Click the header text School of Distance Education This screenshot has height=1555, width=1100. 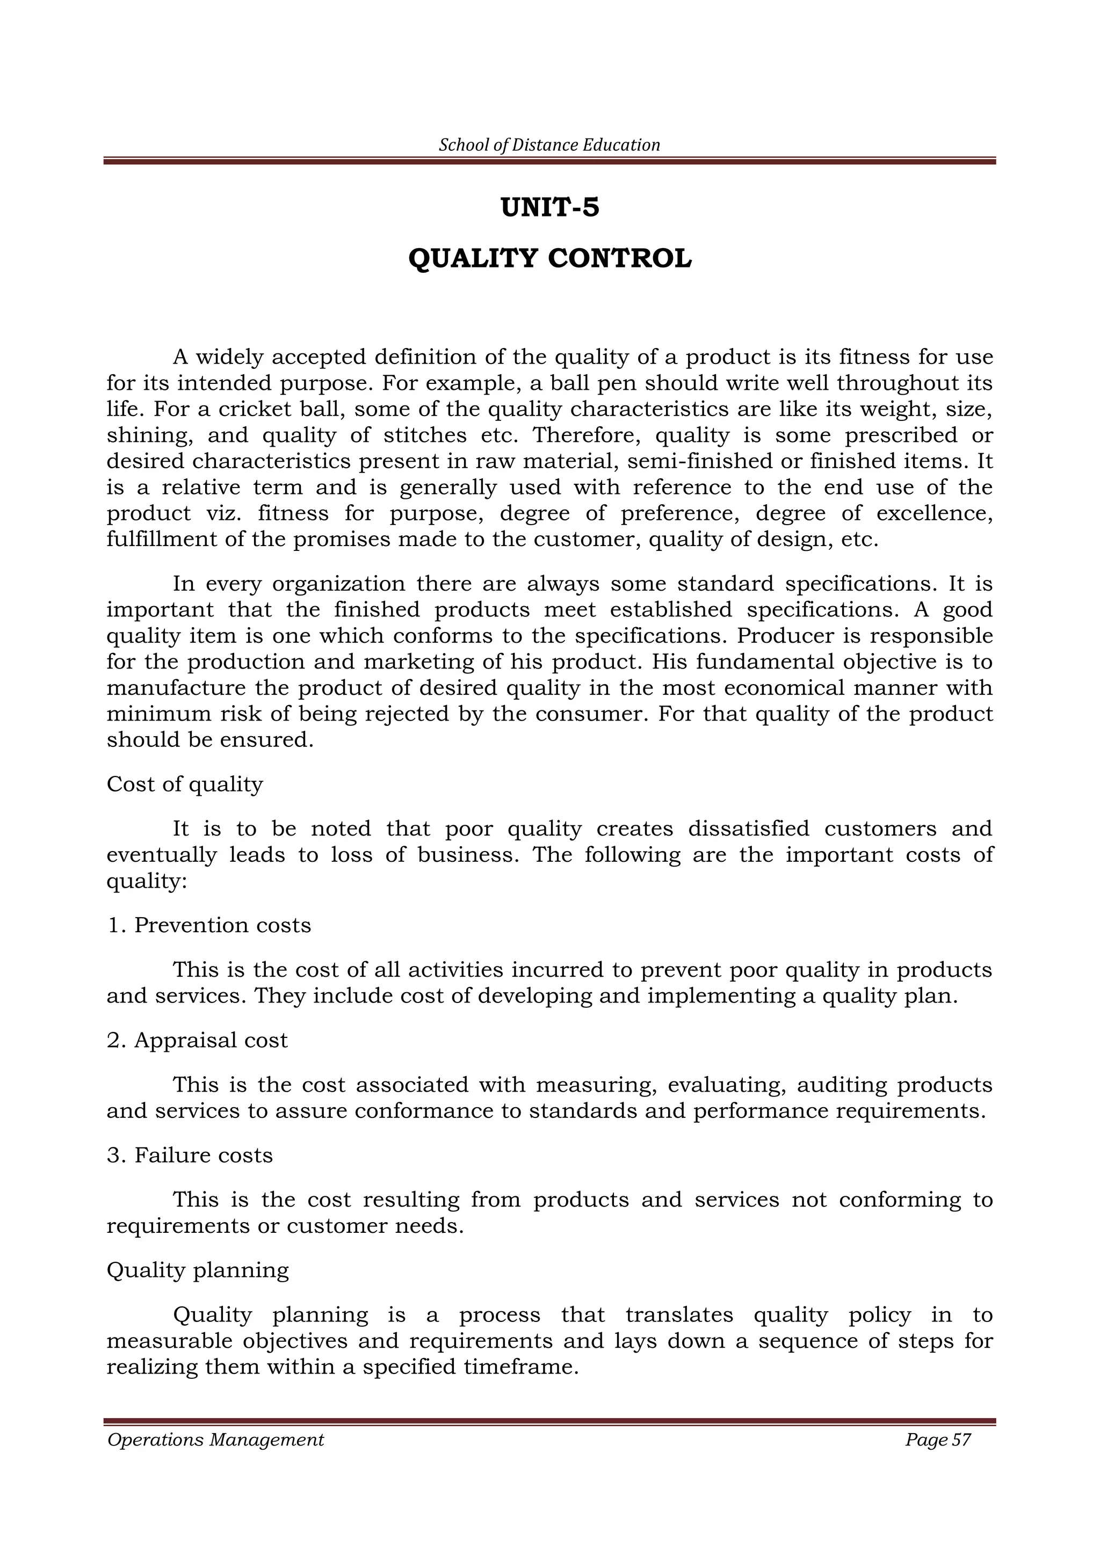click(x=549, y=145)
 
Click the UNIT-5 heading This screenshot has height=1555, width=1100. click(x=549, y=207)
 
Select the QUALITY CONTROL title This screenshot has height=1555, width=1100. click(x=549, y=259)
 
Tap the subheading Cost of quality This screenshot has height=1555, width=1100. click(x=184, y=784)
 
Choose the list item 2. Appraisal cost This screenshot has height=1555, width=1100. click(x=197, y=1040)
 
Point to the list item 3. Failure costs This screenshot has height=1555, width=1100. click(x=190, y=1155)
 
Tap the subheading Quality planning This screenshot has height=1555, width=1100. click(x=198, y=1270)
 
